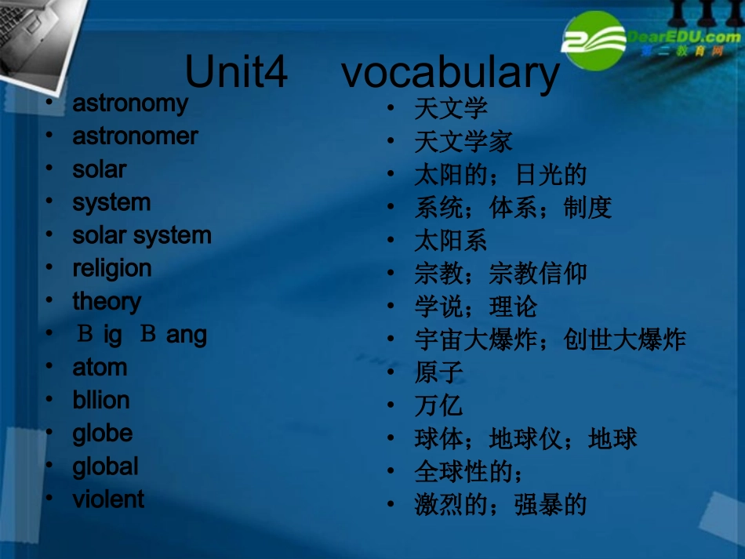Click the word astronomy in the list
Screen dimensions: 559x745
click(130, 103)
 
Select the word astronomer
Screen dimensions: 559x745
click(135, 136)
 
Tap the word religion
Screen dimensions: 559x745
click(112, 269)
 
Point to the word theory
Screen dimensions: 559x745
click(107, 302)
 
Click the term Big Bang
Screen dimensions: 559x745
click(140, 335)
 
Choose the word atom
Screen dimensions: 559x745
click(100, 368)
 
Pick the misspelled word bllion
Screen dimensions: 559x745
click(101, 401)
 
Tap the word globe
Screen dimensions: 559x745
click(103, 434)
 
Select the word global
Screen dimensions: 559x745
click(105, 467)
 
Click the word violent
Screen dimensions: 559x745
click(108, 499)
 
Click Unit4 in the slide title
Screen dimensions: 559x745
click(236, 73)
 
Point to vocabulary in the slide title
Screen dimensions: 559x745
click(451, 73)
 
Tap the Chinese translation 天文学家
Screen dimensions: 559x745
click(463, 142)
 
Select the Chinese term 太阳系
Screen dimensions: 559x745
click(451, 241)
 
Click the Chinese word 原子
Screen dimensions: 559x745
click(438, 372)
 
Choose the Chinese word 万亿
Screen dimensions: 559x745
click(438, 405)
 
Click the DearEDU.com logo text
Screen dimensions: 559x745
click(683, 36)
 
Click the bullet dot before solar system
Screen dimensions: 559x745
click(50, 235)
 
